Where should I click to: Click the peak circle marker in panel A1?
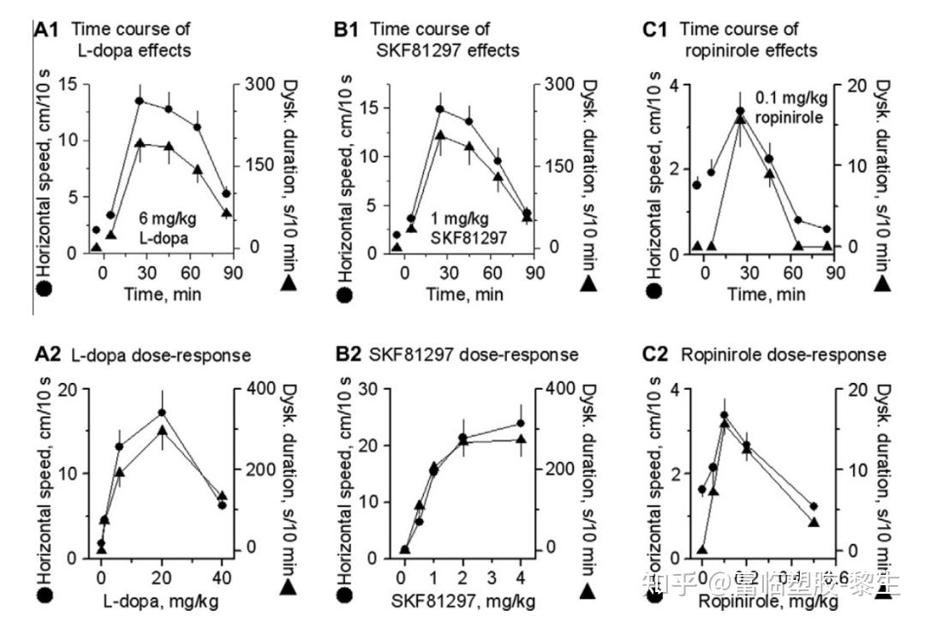point(139,101)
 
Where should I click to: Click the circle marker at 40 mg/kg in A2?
point(222,505)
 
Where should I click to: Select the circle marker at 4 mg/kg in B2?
point(521,423)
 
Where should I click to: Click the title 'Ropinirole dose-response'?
point(782,355)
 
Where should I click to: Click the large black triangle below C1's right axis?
point(883,283)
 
